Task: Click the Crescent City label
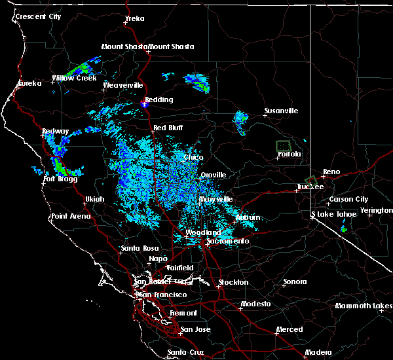39,16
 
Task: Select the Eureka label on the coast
29,83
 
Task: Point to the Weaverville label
122,86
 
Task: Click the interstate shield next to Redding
146,103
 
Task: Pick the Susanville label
281,111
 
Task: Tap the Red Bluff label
167,128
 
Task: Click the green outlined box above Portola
283,145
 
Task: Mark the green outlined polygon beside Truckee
310,180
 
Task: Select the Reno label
331,171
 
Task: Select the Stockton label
233,282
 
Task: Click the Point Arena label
71,216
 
